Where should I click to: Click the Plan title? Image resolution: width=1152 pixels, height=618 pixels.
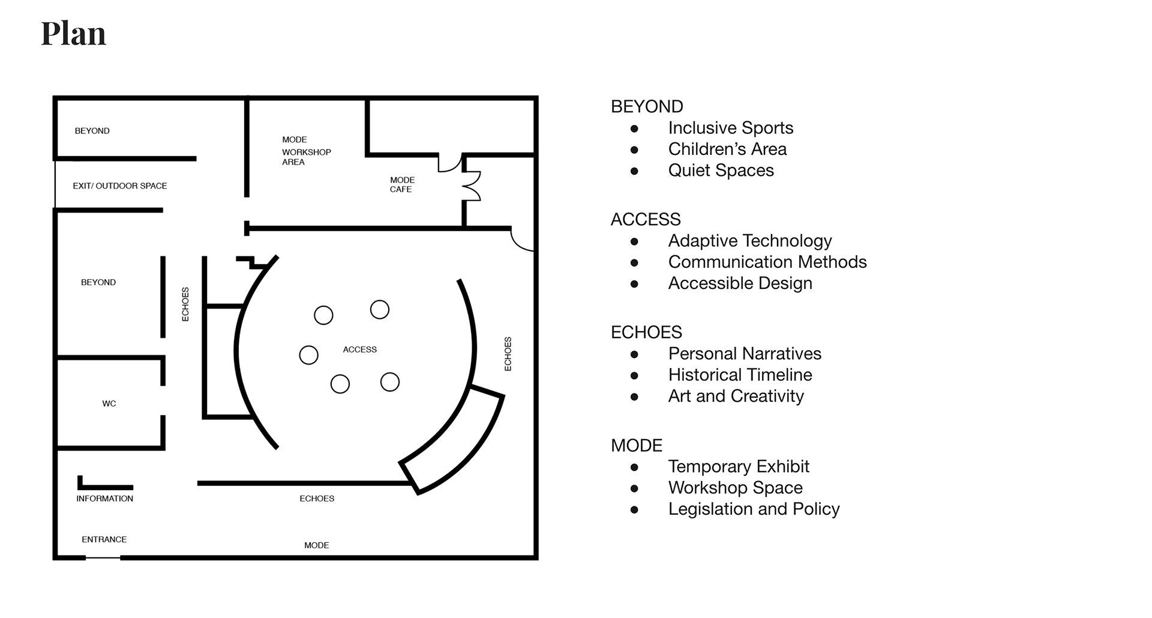(73, 34)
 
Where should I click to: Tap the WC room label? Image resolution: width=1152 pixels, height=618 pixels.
(109, 404)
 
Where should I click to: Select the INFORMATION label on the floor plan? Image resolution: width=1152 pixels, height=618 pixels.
(104, 498)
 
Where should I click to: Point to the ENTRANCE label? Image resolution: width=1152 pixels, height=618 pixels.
(104, 539)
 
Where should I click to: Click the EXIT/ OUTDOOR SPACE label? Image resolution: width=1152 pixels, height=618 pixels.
(120, 186)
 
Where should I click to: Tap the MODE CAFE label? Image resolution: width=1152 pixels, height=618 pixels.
(402, 184)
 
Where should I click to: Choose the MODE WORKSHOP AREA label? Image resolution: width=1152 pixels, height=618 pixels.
(306, 151)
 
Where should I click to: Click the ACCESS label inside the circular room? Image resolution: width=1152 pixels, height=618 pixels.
(360, 350)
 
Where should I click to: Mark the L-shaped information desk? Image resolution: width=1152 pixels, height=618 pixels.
(104, 486)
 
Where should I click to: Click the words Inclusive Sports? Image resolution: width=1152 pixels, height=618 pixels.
(730, 128)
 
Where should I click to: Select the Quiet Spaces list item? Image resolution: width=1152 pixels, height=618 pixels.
(721, 171)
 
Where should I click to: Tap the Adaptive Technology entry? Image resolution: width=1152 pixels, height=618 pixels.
(749, 241)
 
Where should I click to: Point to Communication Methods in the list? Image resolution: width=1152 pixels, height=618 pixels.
(767, 262)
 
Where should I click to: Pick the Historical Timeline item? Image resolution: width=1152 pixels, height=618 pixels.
(740, 375)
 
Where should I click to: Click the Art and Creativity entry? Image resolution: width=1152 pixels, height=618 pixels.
(736, 396)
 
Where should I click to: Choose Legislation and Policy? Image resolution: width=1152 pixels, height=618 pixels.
(754, 509)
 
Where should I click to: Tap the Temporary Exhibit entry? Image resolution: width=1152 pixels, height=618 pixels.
(739, 467)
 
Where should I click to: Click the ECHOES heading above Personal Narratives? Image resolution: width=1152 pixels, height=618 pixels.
(646, 332)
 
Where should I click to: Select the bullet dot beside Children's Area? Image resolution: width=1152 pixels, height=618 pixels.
(634, 150)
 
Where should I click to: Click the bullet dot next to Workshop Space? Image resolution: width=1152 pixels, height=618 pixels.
(634, 488)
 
